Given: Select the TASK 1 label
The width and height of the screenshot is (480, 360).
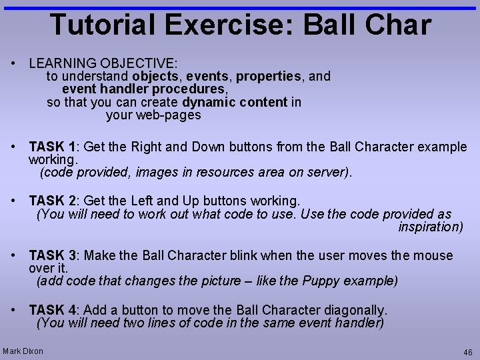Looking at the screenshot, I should pos(55,147).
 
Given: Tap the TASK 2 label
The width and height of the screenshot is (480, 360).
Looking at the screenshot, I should pos(55,201).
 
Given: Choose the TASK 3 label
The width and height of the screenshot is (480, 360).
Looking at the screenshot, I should pos(55,255).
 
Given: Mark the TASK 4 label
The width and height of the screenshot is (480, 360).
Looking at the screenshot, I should pos(55,310).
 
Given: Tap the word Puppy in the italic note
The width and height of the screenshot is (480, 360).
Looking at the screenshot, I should pos(321,281).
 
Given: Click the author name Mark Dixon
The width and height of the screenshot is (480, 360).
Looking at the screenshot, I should pos(23,351).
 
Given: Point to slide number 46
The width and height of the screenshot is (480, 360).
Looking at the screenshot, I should pos(467,352).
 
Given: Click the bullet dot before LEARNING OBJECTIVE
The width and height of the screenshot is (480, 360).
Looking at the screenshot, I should pos(13,64).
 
